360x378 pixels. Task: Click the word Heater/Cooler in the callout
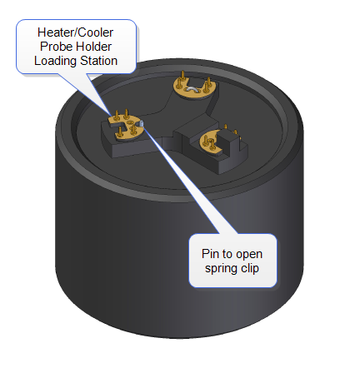[75, 32]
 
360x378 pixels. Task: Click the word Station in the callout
[98, 61]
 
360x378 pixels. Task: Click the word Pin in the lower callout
[210, 254]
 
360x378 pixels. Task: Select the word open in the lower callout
[249, 255]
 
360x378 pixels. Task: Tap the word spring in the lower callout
[222, 269]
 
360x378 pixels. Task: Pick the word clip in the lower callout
[250, 268]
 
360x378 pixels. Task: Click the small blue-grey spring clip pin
[141, 123]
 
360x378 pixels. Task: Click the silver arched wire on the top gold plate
[192, 89]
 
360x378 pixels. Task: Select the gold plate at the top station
[194, 87]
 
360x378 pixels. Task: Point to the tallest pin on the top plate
[182, 78]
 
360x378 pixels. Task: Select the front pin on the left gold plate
[120, 132]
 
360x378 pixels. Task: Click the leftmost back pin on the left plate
[117, 115]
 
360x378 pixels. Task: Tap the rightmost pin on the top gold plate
[208, 82]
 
